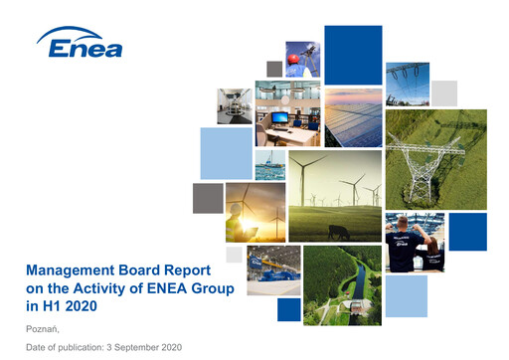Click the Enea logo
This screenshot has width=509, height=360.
tap(80, 45)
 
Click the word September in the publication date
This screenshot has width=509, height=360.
tap(136, 346)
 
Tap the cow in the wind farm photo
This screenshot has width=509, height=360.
tap(335, 232)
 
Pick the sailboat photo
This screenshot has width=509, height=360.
tap(269, 164)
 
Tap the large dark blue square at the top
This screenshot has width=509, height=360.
tap(353, 55)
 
